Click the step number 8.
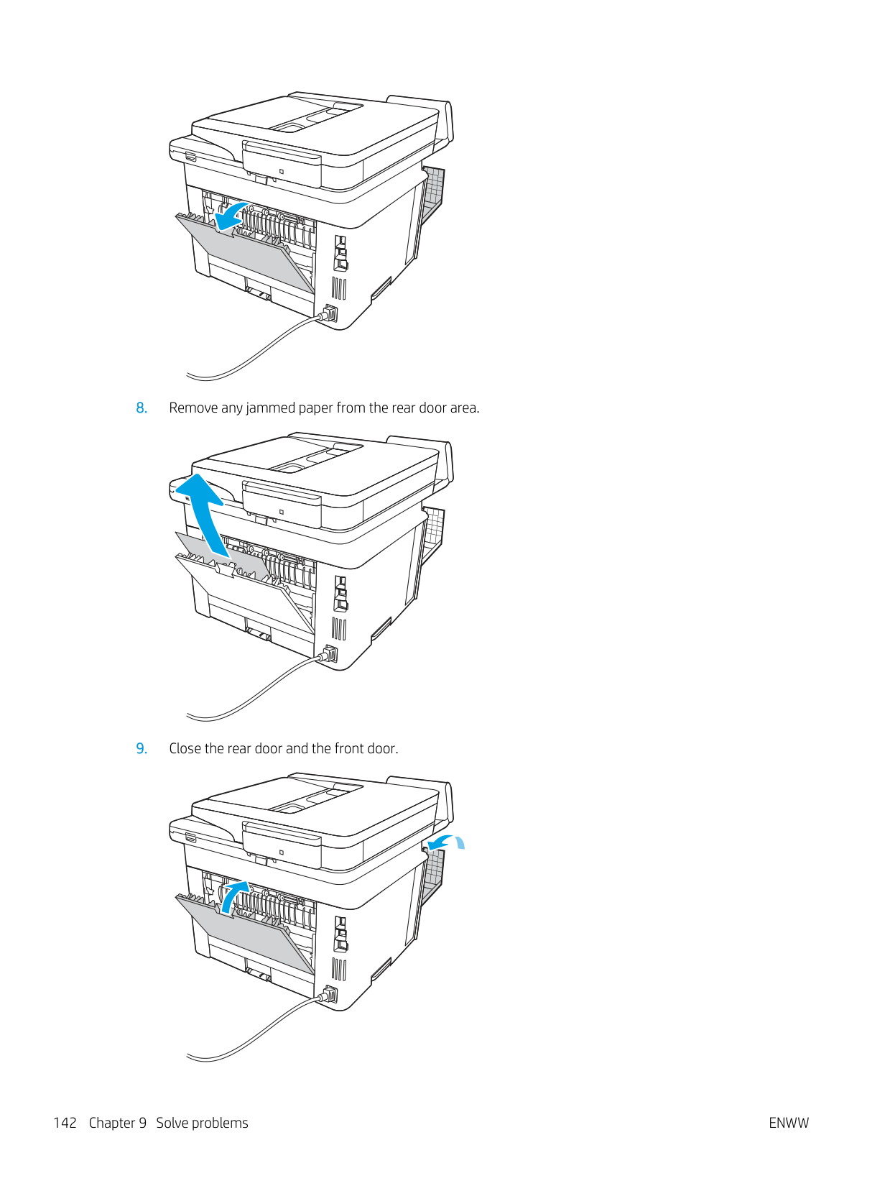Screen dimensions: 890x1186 (x=142, y=408)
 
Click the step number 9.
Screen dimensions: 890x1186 (x=142, y=748)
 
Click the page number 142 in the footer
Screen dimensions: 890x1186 (x=65, y=1123)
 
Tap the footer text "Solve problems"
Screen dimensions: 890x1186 (x=203, y=1123)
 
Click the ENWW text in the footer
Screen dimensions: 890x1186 (x=789, y=1123)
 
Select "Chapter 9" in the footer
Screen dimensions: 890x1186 (x=118, y=1123)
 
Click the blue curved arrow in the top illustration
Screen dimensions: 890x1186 (x=231, y=216)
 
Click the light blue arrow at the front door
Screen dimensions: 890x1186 (x=445, y=842)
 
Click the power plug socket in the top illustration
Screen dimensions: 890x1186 (x=328, y=313)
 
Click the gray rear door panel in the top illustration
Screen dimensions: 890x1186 (x=246, y=252)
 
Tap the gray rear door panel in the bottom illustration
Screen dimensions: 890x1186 (x=246, y=933)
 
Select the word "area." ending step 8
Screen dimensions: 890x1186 (x=464, y=408)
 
